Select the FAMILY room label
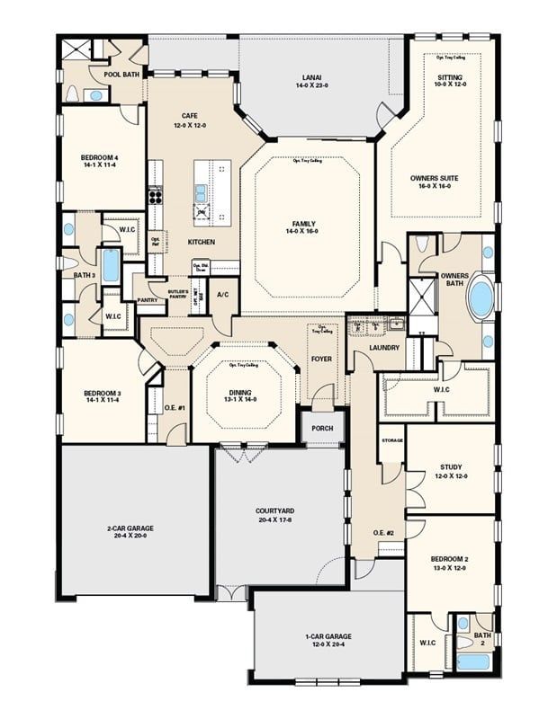click(304, 224)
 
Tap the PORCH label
click(322, 428)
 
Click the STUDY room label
click(451, 466)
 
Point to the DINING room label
click(244, 393)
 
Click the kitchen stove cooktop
click(155, 196)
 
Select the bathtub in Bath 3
click(111, 266)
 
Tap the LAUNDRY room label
click(384, 347)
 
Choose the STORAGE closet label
click(391, 440)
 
